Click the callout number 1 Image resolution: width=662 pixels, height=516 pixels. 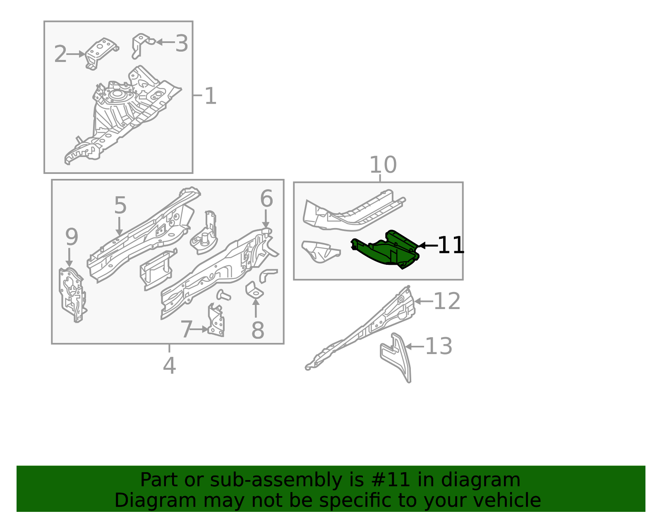tap(210, 96)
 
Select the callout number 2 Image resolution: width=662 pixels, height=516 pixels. tap(60, 54)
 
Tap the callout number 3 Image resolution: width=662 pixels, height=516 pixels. tap(182, 43)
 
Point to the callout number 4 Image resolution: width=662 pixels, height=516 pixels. tap(169, 366)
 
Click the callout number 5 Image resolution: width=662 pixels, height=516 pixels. tap(120, 205)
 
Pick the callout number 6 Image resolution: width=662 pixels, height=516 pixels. tap(266, 198)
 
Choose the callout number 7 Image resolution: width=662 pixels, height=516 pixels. tap(187, 329)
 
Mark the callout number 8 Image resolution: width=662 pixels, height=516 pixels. tap(257, 330)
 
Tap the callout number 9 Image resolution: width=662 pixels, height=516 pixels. tap(72, 237)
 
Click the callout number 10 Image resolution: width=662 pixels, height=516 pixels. tap(383, 164)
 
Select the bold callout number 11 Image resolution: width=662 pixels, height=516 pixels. tap(451, 245)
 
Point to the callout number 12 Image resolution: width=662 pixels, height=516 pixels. tap(446, 301)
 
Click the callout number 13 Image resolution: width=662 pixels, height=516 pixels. tap(439, 346)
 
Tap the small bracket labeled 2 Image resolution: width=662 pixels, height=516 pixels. tap(101, 53)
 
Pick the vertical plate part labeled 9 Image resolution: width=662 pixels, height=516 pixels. tap(72, 295)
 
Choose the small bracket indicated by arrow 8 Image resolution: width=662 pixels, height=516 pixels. tap(254, 290)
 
